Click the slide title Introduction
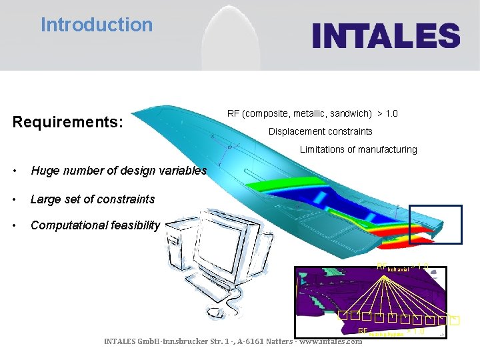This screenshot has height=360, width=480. tap(97, 25)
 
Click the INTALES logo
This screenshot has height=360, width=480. tap(386, 35)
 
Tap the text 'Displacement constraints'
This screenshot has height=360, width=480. tap(320, 131)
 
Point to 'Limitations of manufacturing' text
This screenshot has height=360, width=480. tap(358, 149)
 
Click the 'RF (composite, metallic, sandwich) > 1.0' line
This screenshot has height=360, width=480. tap(312, 113)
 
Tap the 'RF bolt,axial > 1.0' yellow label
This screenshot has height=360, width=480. tap(402, 267)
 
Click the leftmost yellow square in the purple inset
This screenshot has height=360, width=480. tap(341, 315)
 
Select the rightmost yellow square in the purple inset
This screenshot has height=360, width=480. tap(455, 321)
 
